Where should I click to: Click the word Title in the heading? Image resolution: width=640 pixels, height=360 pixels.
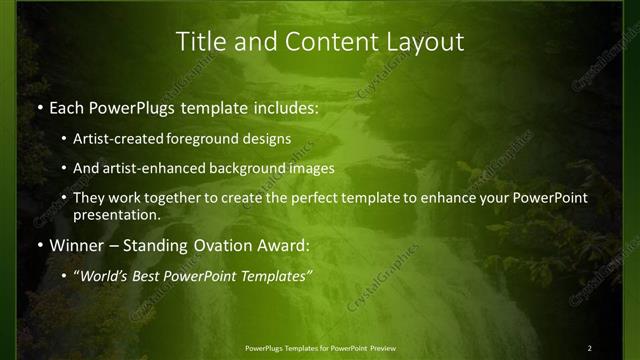point(199,42)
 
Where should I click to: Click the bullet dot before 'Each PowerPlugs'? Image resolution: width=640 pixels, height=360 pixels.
point(39,106)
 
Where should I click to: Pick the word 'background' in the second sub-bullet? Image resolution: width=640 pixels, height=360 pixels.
point(242,168)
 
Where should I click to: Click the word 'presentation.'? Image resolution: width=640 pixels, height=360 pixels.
point(115,214)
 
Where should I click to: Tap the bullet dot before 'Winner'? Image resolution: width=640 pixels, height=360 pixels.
point(39,245)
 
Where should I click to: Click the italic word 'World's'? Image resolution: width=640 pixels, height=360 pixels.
point(104,276)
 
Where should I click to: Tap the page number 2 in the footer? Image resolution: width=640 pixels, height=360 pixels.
point(590,347)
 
